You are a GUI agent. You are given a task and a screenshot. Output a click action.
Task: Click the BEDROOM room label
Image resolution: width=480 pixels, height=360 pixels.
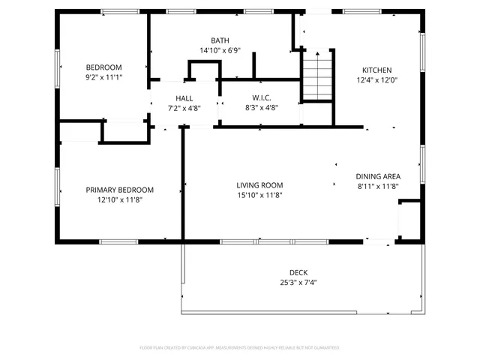(x=103, y=67)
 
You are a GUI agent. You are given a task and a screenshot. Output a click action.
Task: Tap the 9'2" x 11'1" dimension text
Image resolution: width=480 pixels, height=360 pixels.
(x=103, y=77)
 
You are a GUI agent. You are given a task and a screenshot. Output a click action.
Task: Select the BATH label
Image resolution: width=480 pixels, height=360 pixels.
(x=220, y=41)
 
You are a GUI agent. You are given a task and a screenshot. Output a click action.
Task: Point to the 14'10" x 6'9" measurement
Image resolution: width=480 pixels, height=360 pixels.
(x=220, y=51)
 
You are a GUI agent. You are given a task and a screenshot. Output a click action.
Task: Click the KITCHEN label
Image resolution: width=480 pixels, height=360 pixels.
(x=378, y=70)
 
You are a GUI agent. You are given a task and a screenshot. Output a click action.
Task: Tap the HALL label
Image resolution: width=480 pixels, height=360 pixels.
(x=184, y=98)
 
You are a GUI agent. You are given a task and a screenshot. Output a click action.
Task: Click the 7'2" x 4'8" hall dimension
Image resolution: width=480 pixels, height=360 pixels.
(x=184, y=108)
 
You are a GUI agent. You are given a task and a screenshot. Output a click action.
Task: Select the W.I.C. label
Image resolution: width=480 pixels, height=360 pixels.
(x=261, y=98)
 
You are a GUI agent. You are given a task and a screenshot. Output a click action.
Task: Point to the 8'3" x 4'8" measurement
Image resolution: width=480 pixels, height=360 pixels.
(x=261, y=108)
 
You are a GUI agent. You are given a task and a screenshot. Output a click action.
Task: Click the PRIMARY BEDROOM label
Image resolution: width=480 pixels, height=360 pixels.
(x=119, y=190)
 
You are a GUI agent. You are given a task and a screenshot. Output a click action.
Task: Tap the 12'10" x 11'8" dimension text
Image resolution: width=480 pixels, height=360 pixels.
(x=119, y=199)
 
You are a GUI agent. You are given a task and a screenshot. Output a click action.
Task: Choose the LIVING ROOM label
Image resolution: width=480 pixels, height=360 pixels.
(x=259, y=185)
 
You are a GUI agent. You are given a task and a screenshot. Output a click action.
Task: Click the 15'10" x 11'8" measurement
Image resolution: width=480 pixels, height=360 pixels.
(x=259, y=195)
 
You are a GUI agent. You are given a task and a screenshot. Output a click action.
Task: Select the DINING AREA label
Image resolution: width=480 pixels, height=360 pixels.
(x=377, y=176)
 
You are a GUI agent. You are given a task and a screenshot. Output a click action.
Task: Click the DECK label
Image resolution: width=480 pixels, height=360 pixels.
(x=298, y=273)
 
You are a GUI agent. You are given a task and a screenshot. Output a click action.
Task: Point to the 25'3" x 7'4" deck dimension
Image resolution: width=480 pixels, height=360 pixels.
(x=298, y=283)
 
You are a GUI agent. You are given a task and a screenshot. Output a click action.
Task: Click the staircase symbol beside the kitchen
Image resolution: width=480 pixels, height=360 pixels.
(x=316, y=76)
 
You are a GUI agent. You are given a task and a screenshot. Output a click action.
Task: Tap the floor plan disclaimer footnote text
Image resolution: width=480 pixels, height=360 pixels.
(x=239, y=348)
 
